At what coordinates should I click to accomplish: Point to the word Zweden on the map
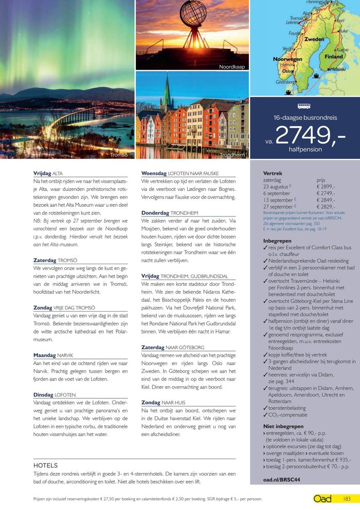coord(314,39)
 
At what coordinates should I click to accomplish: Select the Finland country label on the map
coord(333,57)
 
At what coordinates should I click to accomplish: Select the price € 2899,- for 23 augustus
coord(326,187)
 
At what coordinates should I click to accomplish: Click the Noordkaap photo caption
coord(232,67)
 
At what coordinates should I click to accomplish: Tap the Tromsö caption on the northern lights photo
coord(119,154)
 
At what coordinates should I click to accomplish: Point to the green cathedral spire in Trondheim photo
coord(166,93)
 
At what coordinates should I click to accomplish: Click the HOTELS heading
coord(45,465)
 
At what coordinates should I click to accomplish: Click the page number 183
coord(347,499)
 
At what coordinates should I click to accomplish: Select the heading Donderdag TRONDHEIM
coord(169,213)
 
